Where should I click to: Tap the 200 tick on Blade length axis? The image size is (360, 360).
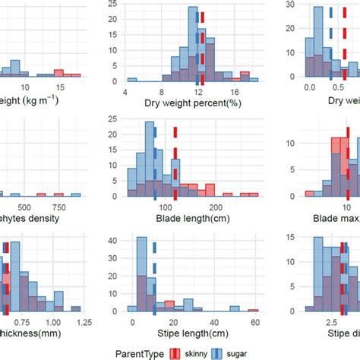[216, 209]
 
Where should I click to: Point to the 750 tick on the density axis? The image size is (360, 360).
[58, 209]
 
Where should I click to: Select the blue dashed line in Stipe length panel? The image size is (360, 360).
[154, 289]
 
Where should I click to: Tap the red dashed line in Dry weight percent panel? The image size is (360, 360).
[204, 46]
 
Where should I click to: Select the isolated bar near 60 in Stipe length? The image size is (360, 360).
[253, 310]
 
